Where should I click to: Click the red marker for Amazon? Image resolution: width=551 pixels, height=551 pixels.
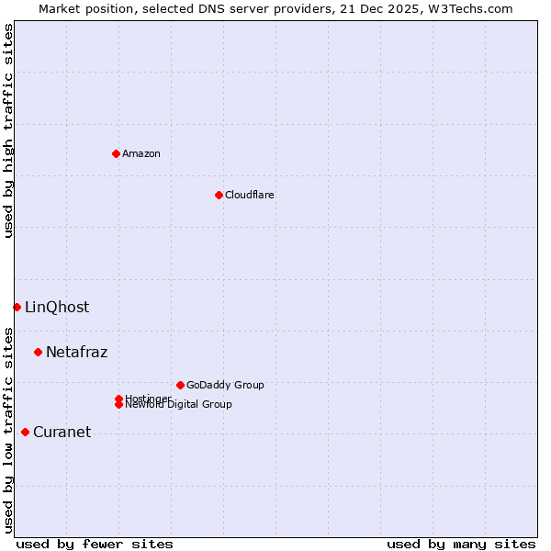click(116, 153)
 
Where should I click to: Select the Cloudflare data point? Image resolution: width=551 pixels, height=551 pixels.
click(219, 195)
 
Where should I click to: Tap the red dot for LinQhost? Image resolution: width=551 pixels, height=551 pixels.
click(17, 307)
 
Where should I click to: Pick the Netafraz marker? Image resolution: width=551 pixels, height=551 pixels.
click(38, 352)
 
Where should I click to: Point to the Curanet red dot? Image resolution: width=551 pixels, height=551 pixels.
click(25, 432)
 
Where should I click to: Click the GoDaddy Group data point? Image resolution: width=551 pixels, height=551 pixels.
click(180, 385)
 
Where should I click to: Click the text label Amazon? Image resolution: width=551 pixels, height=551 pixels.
click(141, 153)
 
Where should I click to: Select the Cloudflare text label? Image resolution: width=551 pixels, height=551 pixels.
click(249, 195)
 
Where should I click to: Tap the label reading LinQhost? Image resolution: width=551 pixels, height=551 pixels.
click(57, 307)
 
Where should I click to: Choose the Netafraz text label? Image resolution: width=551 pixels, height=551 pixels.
click(76, 352)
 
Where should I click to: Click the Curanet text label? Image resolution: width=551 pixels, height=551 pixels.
click(62, 432)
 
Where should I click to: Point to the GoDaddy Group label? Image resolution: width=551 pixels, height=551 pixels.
click(225, 385)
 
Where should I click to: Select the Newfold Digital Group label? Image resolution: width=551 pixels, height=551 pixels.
click(178, 404)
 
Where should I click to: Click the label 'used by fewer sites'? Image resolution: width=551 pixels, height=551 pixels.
click(95, 544)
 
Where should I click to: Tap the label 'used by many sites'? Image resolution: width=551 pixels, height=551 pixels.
click(461, 544)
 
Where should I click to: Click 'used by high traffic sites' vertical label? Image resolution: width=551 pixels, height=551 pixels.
click(8, 130)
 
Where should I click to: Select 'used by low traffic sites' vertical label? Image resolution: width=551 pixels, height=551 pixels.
click(8, 429)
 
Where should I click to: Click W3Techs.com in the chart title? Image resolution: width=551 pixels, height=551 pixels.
click(469, 8)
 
